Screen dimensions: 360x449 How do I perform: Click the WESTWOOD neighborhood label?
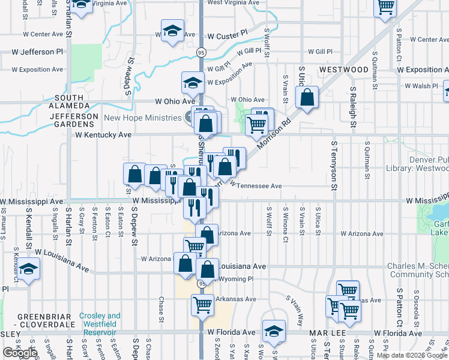(344, 70)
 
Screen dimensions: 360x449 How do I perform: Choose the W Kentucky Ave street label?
(103, 135)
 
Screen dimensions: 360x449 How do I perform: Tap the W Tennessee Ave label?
(255, 186)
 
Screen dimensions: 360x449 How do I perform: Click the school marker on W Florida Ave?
(274, 331)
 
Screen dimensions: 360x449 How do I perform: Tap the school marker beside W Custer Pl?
(172, 32)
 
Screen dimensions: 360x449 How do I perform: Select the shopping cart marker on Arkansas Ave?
(202, 304)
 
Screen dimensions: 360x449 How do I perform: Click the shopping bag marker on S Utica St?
(307, 99)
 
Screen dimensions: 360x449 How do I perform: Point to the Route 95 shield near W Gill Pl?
(200, 53)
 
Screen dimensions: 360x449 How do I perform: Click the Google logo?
(20, 353)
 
